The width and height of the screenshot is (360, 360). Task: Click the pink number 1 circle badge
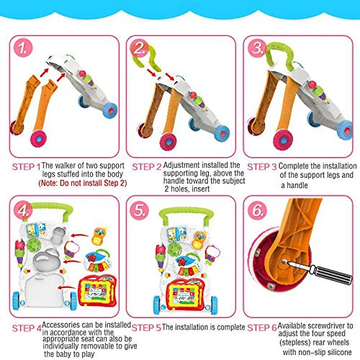tap(22, 48)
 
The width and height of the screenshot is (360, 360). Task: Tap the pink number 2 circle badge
tap(139, 48)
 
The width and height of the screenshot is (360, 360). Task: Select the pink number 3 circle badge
tap(257, 48)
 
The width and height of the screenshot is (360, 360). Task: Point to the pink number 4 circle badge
tap(22, 210)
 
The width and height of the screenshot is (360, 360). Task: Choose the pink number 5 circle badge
tap(139, 210)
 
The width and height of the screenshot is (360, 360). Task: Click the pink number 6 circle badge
tap(257, 210)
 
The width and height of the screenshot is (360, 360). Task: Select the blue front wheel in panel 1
tap(110, 110)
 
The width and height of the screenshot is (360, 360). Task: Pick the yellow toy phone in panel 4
tap(99, 236)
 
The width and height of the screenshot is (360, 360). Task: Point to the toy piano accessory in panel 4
tap(97, 261)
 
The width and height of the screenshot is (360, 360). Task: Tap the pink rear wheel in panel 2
tap(168, 142)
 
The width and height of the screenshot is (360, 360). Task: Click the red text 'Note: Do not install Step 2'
tap(83, 183)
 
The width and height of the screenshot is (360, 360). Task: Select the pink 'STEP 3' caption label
tap(262, 167)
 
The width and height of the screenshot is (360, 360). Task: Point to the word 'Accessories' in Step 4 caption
tap(61, 325)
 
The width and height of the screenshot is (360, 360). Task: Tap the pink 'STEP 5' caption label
tap(146, 328)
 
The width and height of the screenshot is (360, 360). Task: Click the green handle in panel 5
tap(186, 213)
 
